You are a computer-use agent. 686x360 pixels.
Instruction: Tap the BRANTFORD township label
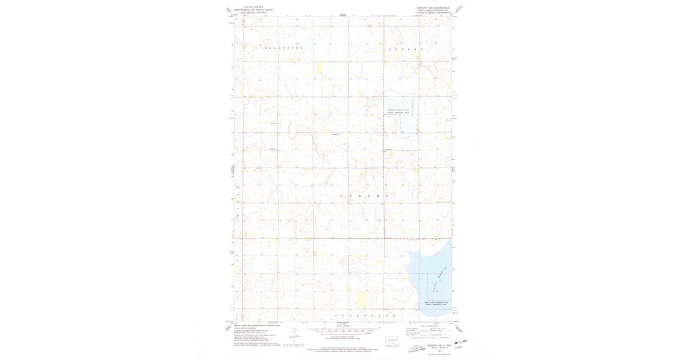point(284,49)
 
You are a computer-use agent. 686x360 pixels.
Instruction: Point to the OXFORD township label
point(405,50)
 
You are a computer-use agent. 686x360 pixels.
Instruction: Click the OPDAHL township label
point(363,195)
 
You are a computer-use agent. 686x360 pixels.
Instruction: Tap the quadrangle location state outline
point(392,340)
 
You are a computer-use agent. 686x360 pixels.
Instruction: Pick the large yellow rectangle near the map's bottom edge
point(361,299)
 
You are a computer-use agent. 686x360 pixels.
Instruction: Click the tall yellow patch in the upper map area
point(320,70)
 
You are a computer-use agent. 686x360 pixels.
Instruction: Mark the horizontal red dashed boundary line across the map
point(343,238)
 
